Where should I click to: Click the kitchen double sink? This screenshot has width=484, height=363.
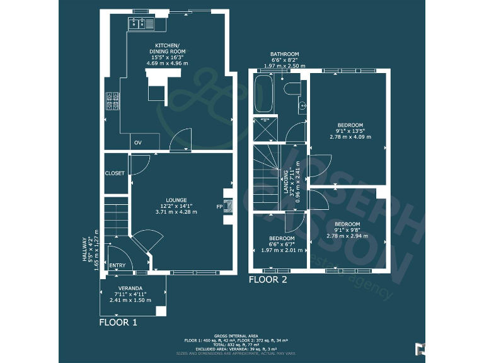tap(139, 24)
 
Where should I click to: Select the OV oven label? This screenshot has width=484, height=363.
tap(137, 143)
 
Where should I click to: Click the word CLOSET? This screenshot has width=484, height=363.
tap(115, 173)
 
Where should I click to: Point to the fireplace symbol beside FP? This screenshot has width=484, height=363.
tap(228, 205)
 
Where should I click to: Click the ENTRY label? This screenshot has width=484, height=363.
tap(117, 265)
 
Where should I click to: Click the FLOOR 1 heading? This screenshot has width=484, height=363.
tap(118, 322)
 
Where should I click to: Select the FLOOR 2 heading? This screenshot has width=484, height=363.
tap(268, 280)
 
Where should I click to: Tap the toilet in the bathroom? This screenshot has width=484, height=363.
tap(292, 89)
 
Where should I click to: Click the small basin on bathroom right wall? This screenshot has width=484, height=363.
tap(302, 105)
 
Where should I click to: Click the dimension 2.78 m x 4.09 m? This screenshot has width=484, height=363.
tap(350, 136)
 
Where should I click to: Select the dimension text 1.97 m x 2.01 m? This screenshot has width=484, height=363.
tap(282, 250)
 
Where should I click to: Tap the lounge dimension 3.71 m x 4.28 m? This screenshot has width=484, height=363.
tap(176, 212)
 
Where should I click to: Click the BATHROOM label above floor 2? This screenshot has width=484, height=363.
tap(284, 54)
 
